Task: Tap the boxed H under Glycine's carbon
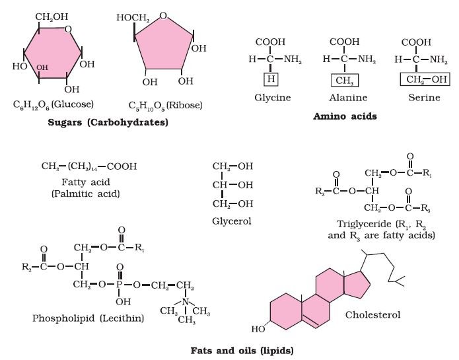(x=271, y=79)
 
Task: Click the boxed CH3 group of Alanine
(x=345, y=80)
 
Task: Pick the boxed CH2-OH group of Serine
(x=425, y=79)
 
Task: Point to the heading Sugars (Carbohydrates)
(x=108, y=122)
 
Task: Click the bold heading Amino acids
(x=345, y=116)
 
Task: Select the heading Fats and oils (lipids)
(x=242, y=351)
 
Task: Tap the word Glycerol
(x=232, y=221)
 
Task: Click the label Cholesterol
(x=372, y=314)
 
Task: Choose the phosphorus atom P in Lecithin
(x=119, y=285)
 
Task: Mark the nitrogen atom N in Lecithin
(x=185, y=301)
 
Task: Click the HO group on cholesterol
(x=258, y=329)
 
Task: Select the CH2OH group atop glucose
(x=52, y=17)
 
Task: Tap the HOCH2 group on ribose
(x=133, y=18)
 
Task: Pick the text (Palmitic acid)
(x=85, y=194)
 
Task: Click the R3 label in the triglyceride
(x=425, y=208)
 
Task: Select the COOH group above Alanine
(x=345, y=42)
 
